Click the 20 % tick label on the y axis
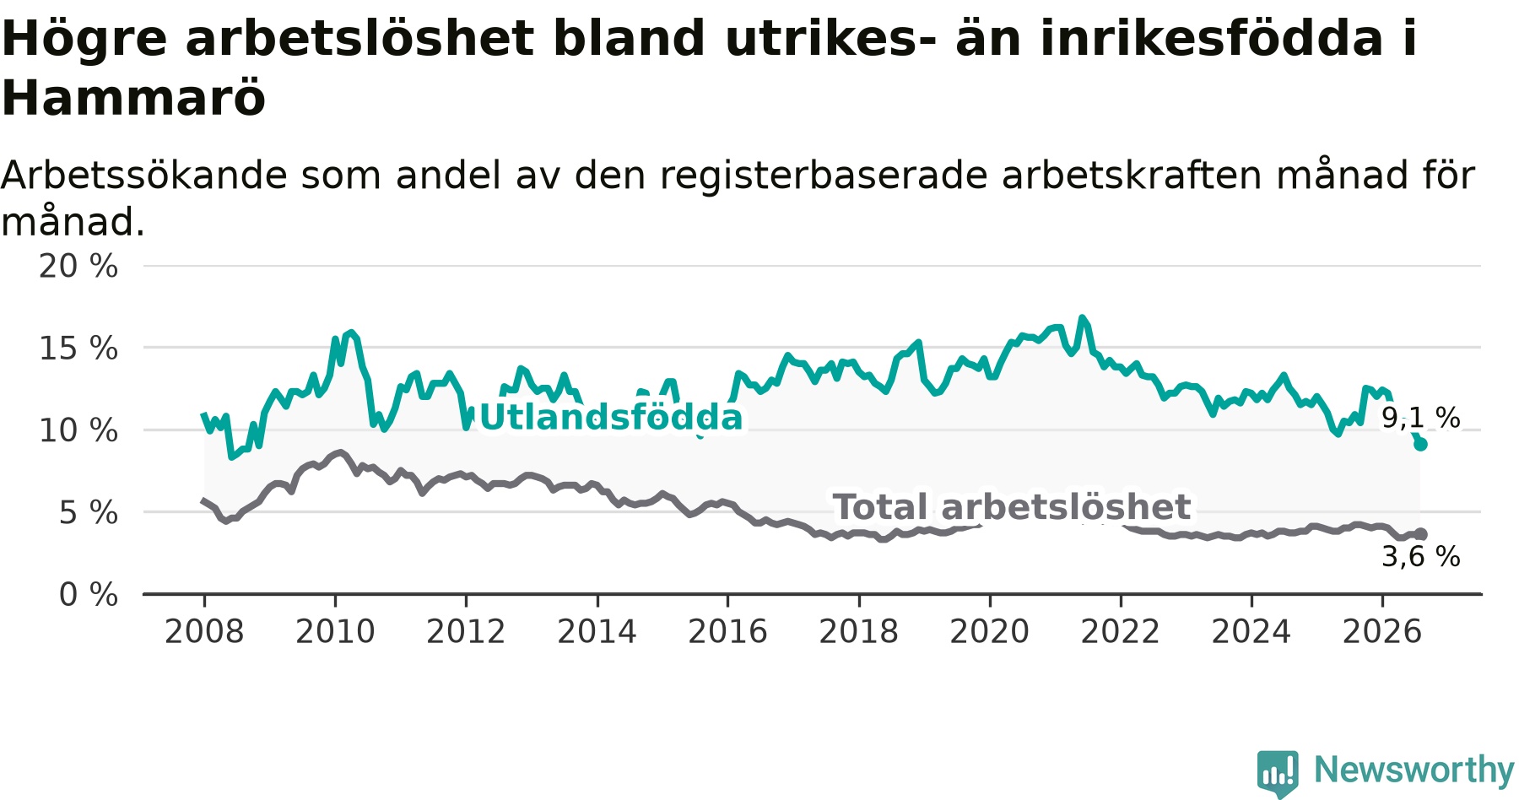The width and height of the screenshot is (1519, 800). click(x=78, y=266)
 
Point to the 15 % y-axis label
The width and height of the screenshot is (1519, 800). click(x=78, y=348)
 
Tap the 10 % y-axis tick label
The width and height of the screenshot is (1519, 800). click(x=78, y=430)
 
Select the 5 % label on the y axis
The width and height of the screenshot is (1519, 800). click(x=89, y=512)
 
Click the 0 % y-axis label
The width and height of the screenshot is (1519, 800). click(x=89, y=595)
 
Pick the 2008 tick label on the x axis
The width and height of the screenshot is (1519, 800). click(x=204, y=631)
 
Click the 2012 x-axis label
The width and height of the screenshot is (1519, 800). click(x=466, y=631)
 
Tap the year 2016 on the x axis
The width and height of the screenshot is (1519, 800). click(x=727, y=631)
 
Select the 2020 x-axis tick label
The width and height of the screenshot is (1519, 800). click(x=990, y=631)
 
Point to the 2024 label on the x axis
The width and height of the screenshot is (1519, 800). click(x=1251, y=631)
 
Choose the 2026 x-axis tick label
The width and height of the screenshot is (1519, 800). click(x=1382, y=631)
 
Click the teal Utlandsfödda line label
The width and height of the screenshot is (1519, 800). click(x=611, y=418)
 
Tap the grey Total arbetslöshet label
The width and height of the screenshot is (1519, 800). click(x=1012, y=507)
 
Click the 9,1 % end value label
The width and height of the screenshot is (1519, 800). click(x=1421, y=417)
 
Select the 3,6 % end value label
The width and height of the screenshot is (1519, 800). click(x=1421, y=556)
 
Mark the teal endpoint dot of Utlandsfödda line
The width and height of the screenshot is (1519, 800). click(x=1420, y=444)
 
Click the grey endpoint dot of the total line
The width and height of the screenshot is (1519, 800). click(x=1420, y=534)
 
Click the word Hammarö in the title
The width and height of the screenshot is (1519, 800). click(x=134, y=98)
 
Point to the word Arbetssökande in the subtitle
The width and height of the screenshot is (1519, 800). click(x=144, y=176)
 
